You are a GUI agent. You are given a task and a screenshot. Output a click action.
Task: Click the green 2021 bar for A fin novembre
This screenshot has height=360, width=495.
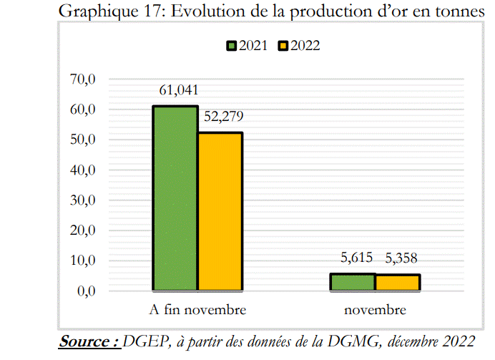[x=175, y=198]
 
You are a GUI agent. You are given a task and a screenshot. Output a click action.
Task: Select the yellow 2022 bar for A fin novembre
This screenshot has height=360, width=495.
[x=220, y=211]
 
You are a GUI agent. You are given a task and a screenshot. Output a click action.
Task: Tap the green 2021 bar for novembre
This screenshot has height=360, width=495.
[x=353, y=282]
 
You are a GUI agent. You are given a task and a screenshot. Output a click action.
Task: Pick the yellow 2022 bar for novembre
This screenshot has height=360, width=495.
[x=398, y=283]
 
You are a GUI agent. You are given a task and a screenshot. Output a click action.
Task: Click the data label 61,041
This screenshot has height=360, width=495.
[x=176, y=90]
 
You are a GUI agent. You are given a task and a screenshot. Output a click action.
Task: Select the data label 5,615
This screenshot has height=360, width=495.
[x=353, y=258]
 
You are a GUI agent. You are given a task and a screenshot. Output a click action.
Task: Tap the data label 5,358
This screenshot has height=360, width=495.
[x=398, y=258]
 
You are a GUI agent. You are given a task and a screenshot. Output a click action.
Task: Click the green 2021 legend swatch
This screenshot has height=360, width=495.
[x=231, y=46]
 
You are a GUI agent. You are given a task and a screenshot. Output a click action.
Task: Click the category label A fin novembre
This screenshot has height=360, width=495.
[x=198, y=311]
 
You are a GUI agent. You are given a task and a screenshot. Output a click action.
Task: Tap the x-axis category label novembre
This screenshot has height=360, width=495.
[x=375, y=311]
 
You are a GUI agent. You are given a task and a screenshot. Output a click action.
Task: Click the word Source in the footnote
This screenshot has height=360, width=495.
[x=88, y=341]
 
